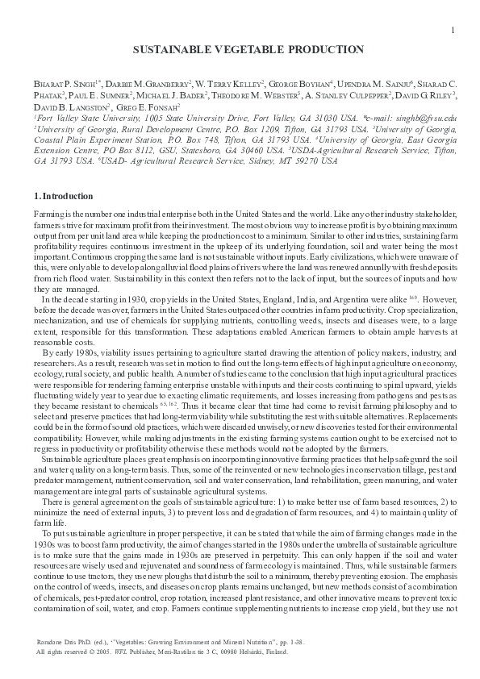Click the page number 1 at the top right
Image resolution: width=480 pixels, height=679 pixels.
[x=453, y=30]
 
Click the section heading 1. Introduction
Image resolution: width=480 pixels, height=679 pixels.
[x=63, y=196]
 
